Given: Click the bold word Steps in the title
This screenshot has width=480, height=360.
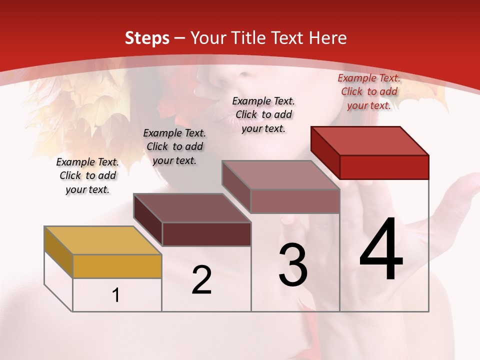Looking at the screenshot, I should (146, 38).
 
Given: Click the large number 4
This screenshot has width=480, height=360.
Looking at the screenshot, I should (381, 250).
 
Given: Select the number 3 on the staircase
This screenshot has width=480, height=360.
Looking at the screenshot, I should (293, 265).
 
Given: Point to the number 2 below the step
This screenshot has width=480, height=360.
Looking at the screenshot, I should (201, 280).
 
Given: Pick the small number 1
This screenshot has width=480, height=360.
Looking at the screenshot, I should (116, 295).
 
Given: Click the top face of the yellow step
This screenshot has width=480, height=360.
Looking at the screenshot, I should (103, 240).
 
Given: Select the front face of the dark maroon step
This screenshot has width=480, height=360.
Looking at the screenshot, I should (206, 234).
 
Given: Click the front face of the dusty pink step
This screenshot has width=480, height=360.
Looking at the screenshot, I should (295, 201).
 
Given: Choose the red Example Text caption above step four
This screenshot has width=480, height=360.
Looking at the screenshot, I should (369, 91).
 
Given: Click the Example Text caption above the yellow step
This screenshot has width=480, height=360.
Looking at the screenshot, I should (87, 175).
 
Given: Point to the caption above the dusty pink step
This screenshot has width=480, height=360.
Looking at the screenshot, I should (263, 114).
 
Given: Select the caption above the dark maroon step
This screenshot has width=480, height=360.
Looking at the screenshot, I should (174, 146).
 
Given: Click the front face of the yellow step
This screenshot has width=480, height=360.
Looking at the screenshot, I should (117, 266).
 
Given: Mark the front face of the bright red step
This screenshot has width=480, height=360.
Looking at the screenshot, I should (384, 166).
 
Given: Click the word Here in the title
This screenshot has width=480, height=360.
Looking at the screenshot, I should (328, 38).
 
